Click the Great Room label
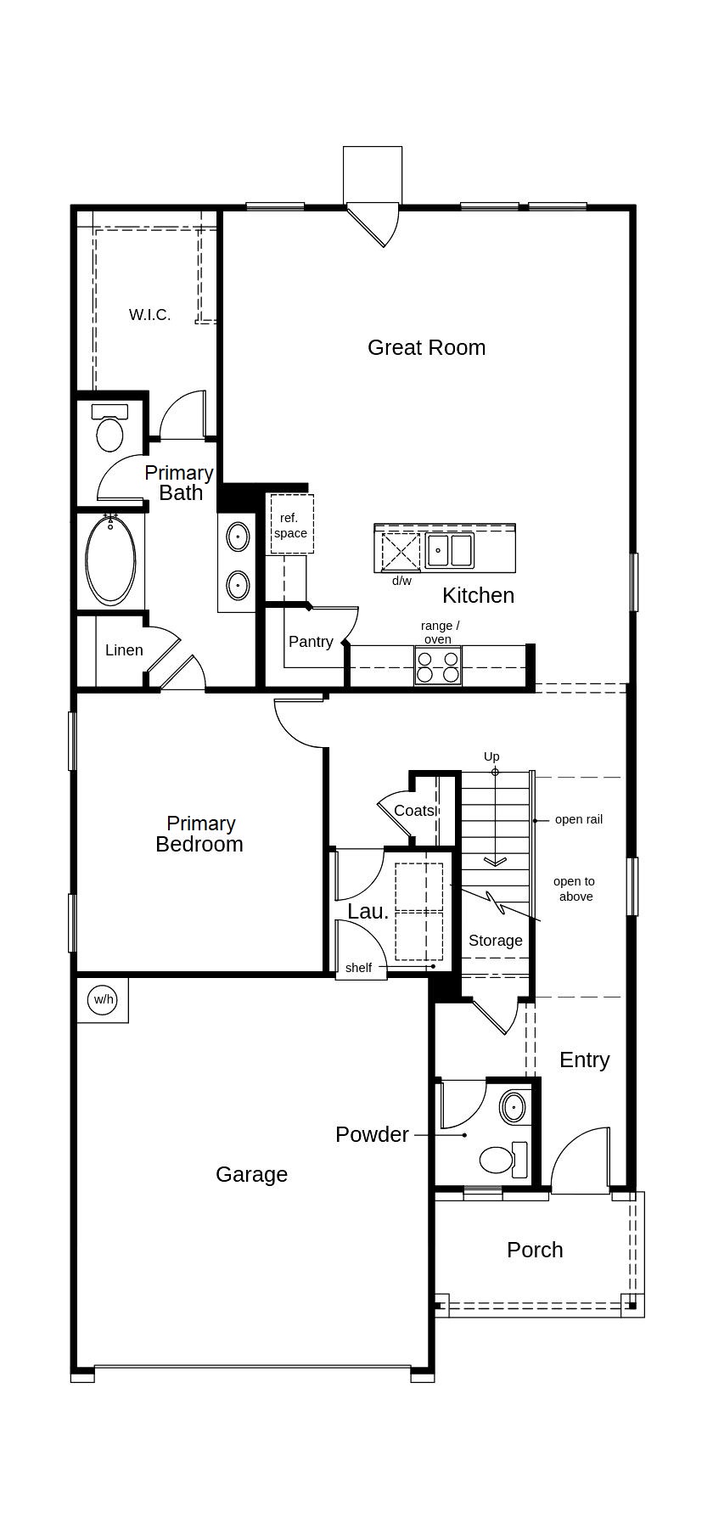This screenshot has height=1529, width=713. (x=426, y=347)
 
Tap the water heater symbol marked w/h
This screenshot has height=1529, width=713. (x=104, y=999)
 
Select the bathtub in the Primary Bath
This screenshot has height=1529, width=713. (x=110, y=560)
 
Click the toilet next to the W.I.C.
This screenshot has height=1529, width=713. (x=109, y=428)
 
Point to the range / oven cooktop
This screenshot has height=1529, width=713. (x=438, y=665)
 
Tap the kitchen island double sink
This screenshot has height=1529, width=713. (x=449, y=550)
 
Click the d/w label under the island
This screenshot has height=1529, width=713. (x=401, y=581)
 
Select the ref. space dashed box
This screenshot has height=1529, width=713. (x=292, y=525)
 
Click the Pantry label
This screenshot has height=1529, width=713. (x=311, y=642)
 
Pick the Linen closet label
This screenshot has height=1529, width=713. (x=124, y=650)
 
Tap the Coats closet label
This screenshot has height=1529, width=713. (x=414, y=811)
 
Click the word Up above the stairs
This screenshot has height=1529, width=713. (x=491, y=756)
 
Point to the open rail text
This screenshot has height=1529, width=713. (x=579, y=819)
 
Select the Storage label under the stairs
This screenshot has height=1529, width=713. (x=496, y=941)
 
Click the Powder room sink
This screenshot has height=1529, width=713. (x=513, y=1107)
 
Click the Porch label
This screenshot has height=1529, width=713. (x=535, y=1250)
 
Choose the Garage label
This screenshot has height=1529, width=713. (x=251, y=1174)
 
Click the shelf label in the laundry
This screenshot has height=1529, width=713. (x=358, y=968)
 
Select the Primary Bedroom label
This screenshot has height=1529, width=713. (x=200, y=834)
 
